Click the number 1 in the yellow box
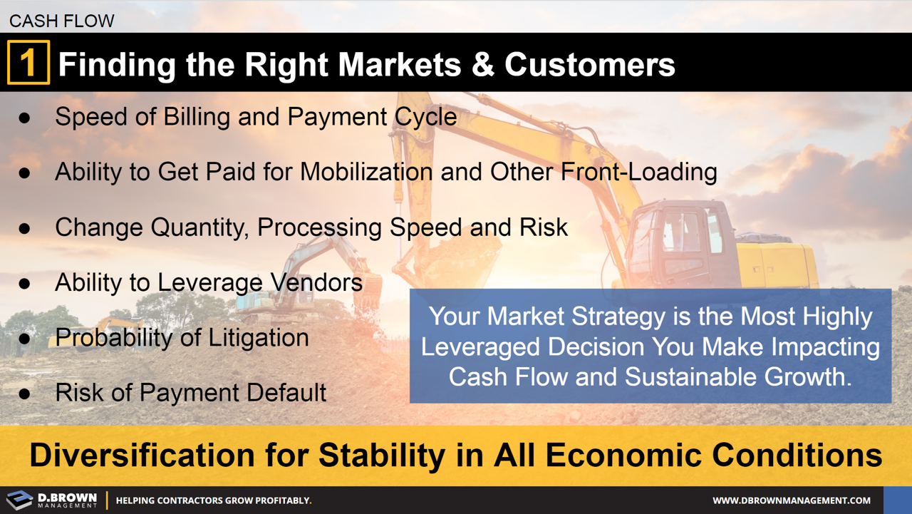(x=28, y=63)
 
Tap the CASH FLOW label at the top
(x=62, y=21)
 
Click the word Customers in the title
(x=589, y=64)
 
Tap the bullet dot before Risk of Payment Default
(x=25, y=394)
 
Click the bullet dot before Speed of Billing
(x=25, y=118)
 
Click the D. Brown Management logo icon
(x=19, y=500)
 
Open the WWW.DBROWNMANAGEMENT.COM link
(x=792, y=500)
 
